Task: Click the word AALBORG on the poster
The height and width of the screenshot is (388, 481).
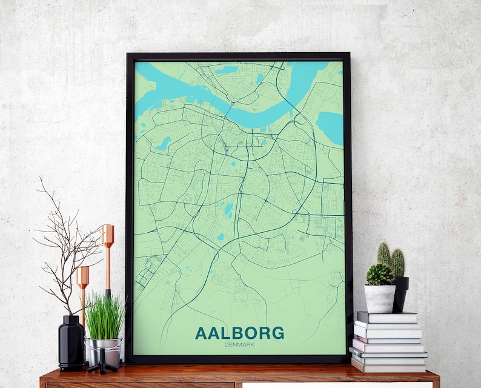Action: [x=239, y=333]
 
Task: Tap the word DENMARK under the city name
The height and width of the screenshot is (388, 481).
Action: [x=239, y=344]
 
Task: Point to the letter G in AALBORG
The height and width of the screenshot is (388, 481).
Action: [x=277, y=333]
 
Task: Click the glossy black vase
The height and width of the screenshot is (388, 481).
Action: [x=71, y=343]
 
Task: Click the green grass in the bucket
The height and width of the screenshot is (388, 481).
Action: [x=105, y=315]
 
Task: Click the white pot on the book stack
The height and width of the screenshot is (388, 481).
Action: [x=380, y=298]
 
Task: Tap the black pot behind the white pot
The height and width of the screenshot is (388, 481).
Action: [x=400, y=293]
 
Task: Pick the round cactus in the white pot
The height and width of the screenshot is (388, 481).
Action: [x=379, y=275]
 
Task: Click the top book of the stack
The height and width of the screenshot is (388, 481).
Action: [x=387, y=317]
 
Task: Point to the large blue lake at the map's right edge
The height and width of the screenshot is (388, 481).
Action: [x=330, y=127]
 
